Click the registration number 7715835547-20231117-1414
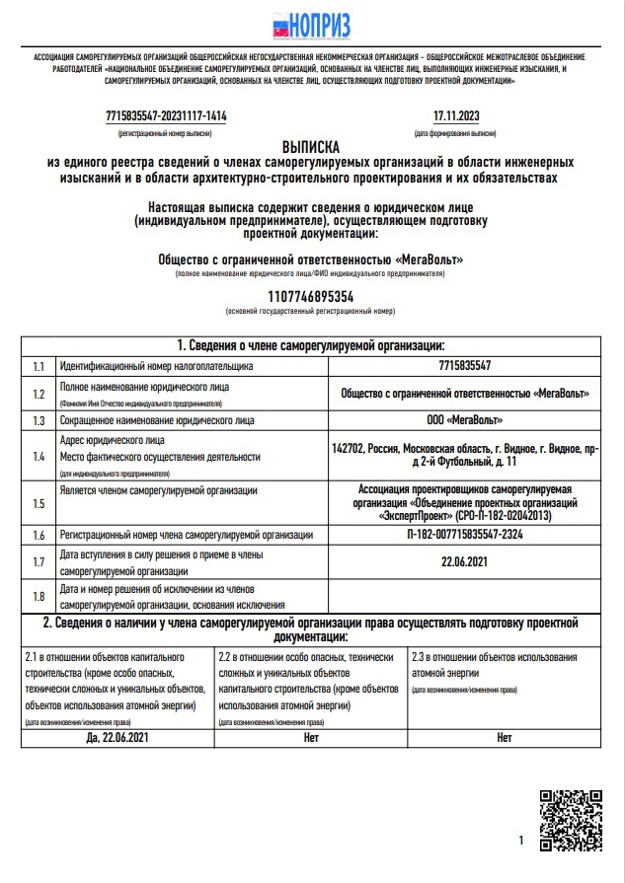[x=166, y=116]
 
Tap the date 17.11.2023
[x=455, y=116]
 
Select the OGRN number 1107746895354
[x=311, y=296]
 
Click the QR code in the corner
[x=571, y=818]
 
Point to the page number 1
[x=520, y=841]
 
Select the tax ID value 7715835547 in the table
[x=465, y=366]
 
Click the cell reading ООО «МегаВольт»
[x=465, y=420]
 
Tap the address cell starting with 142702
[x=465, y=455]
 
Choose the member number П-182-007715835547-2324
[x=465, y=535]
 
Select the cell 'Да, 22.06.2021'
[x=117, y=736]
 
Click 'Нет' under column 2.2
[x=311, y=736]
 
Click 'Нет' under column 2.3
[x=505, y=736]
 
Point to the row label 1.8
[x=39, y=596]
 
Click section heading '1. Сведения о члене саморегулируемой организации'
[x=311, y=345]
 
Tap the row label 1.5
[x=39, y=503]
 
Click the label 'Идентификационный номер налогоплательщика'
[x=156, y=366]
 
